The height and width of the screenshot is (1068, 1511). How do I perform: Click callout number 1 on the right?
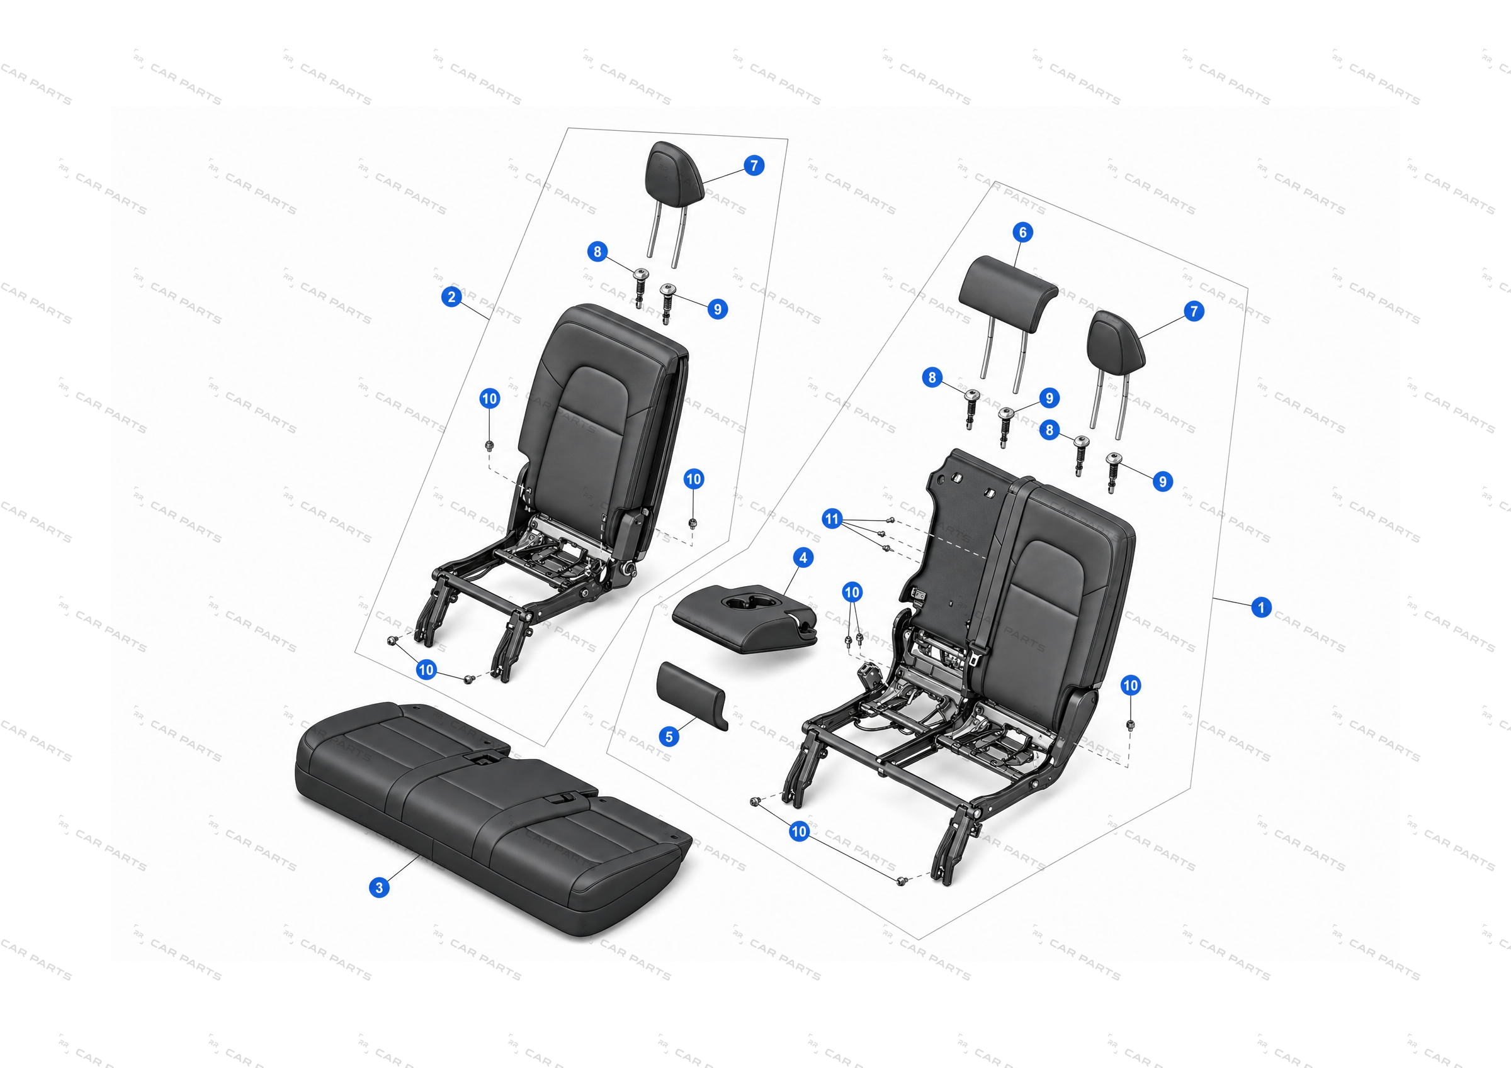[1261, 607]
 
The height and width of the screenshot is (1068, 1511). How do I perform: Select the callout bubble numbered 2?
[451, 297]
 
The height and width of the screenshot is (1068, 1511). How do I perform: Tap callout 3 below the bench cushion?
[379, 887]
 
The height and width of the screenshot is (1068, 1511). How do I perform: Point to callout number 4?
[803, 558]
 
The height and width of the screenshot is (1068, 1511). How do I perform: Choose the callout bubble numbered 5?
[669, 737]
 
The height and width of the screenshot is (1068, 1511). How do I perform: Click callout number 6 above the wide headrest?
[1022, 231]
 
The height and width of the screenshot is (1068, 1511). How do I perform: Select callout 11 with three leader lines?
[832, 518]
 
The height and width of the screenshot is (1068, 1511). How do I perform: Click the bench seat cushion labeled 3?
[494, 819]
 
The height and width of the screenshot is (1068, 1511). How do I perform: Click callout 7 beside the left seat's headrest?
[754, 165]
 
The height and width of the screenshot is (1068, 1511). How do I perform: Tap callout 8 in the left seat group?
[597, 251]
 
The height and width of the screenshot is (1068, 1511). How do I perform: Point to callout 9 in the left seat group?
[717, 309]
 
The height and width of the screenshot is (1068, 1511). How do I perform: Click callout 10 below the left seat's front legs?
[426, 669]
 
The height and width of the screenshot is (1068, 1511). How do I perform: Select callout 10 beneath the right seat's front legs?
[799, 832]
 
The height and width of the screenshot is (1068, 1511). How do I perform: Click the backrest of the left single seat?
[602, 421]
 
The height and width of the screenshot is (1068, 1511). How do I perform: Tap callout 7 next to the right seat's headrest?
[1194, 311]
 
